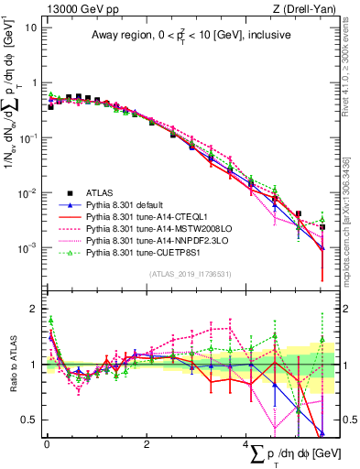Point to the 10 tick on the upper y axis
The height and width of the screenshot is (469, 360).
(30, 27)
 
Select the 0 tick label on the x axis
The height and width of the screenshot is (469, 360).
(47, 445)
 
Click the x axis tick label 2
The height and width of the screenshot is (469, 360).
(147, 445)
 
